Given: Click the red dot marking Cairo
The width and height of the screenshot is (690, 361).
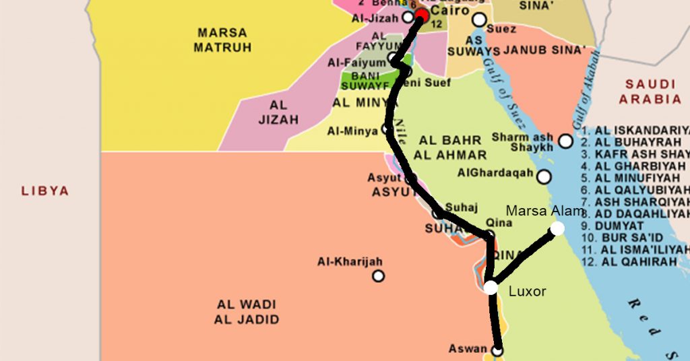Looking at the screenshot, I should pos(422,15).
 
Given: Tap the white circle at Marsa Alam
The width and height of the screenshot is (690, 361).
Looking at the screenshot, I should pos(557,229).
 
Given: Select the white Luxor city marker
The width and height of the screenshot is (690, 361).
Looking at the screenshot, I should pos(491,288).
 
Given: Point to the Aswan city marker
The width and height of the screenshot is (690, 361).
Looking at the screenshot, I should pos(497,350).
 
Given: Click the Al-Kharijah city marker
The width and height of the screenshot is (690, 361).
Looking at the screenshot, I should pos(379,275).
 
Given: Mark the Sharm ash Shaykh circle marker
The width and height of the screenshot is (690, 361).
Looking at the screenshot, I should pos(565,141).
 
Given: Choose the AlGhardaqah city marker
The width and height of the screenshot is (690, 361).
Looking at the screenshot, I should pos(544,176).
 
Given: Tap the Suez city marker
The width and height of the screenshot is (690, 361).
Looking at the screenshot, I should pos(479,20).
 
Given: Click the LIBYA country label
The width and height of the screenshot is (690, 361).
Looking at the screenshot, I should pos(45,191).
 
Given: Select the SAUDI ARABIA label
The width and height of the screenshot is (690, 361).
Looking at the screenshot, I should pos(650,92).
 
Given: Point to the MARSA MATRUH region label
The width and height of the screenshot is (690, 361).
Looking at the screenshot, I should pos(222,40).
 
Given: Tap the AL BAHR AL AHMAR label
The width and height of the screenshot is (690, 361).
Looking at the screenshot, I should pos(450,147).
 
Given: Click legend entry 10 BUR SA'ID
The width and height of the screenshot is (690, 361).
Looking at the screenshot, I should pos(632,238).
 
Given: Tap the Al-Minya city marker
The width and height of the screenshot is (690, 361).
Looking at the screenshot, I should pos(387,129).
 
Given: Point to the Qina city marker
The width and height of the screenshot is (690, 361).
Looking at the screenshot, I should pos(490,235).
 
